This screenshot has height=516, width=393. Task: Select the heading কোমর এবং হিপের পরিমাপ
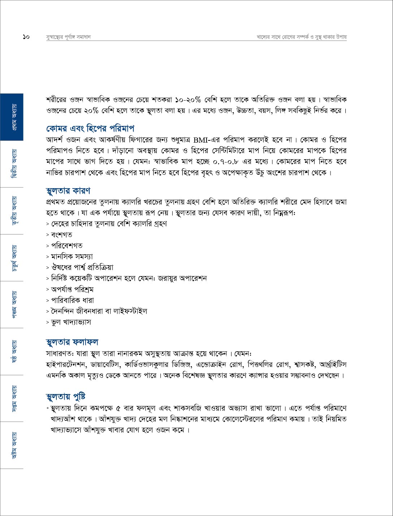pyautogui.click(x=90, y=128)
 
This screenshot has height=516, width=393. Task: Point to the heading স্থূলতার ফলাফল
pyautogui.click(x=72, y=342)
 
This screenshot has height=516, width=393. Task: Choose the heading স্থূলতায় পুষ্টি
pyautogui.click(x=66, y=397)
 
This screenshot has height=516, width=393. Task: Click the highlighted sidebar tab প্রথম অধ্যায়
pyautogui.click(x=12, y=117)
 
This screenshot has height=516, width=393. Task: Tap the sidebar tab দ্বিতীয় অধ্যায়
pyautogui.click(x=12, y=164)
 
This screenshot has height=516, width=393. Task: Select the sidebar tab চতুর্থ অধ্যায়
pyautogui.click(x=12, y=258)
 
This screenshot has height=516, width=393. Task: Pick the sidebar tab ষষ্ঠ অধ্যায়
pyautogui.click(x=12, y=351)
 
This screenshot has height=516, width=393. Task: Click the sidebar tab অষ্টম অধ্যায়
pyautogui.click(x=12, y=445)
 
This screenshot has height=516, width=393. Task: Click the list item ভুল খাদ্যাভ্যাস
pyautogui.click(x=71, y=322)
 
